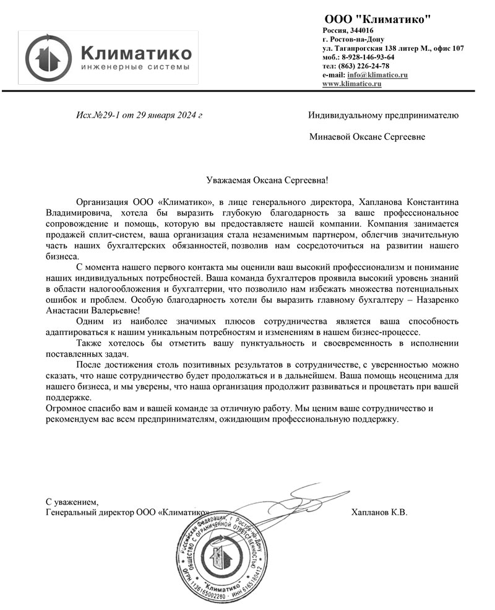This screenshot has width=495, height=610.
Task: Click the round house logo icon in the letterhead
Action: click(49, 58)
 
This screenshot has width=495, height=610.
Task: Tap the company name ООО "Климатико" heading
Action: click(377, 20)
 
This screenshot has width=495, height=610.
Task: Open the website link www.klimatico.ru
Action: click(352, 83)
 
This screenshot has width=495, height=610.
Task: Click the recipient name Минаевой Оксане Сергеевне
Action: click(367, 137)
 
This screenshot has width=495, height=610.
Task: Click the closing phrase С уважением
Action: click(72, 502)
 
